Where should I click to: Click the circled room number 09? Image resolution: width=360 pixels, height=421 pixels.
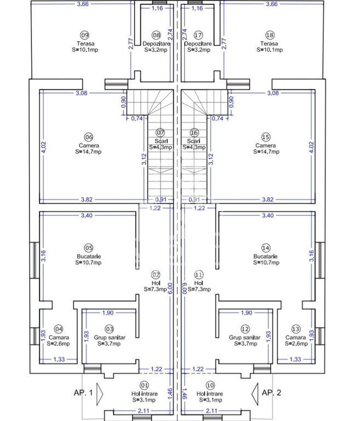(84, 35)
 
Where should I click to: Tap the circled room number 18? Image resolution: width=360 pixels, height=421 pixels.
(270, 35)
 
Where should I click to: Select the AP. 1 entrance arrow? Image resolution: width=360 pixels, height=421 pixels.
(100, 394)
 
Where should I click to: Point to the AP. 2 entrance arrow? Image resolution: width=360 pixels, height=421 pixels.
(255, 394)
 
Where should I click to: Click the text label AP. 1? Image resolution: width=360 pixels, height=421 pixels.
(83, 392)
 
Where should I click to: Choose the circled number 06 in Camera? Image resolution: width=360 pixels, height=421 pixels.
(89, 137)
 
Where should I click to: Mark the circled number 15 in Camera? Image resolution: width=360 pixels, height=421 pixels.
(266, 137)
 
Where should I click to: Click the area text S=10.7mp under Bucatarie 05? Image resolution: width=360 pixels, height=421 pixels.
(88, 263)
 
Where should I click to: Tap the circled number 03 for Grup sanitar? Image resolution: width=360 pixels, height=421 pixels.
(109, 329)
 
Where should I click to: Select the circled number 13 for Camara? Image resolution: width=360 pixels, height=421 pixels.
(295, 329)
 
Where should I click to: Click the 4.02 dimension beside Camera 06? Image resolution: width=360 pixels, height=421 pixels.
(43, 147)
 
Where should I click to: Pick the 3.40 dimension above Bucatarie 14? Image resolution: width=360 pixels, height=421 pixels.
(267, 215)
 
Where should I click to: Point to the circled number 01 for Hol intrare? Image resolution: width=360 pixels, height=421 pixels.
(145, 385)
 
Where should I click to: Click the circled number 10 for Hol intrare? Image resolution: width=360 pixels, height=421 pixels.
(210, 385)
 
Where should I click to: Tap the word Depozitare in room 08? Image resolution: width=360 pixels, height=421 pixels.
(156, 43)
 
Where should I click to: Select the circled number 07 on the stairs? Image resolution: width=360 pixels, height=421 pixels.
(160, 133)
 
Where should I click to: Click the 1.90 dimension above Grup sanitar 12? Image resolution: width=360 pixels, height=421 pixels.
(246, 313)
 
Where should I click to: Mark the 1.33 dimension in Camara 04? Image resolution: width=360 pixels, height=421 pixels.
(59, 359)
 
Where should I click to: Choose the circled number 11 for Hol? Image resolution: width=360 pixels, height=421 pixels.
(199, 275)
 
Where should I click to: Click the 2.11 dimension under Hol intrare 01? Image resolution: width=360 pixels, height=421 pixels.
(144, 411)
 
